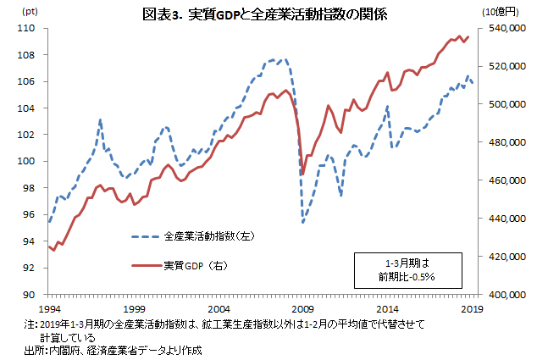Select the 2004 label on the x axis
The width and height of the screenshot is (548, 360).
point(219,309)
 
